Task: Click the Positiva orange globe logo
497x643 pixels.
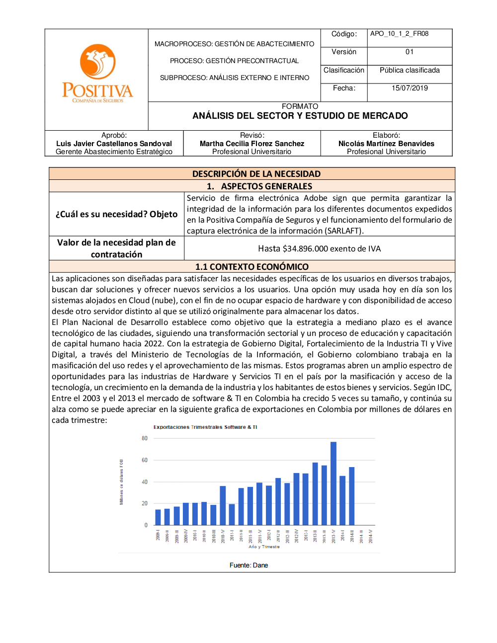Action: point(98,62)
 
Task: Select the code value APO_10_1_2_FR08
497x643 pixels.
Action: point(399,34)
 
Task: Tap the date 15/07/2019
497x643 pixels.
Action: point(410,88)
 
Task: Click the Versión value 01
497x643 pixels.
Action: point(410,52)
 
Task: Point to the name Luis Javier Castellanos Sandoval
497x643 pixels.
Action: point(114,144)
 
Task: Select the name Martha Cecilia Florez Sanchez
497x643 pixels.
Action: point(251,144)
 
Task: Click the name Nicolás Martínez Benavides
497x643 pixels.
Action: point(386,144)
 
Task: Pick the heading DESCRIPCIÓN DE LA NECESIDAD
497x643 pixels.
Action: point(256,174)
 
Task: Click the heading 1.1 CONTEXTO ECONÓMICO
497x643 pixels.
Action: point(252,267)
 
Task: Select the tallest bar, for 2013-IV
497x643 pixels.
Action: point(333,483)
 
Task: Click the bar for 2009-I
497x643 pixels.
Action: point(158,517)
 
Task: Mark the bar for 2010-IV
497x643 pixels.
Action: point(223,505)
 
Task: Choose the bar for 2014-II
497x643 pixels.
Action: point(352,496)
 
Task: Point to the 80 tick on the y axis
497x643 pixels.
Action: point(145,438)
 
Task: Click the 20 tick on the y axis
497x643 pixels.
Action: point(145,503)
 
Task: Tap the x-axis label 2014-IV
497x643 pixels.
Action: point(370,536)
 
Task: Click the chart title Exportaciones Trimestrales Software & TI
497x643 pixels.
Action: point(205,427)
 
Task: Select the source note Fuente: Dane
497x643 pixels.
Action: point(248,565)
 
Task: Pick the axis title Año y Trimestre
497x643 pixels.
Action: point(264,547)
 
